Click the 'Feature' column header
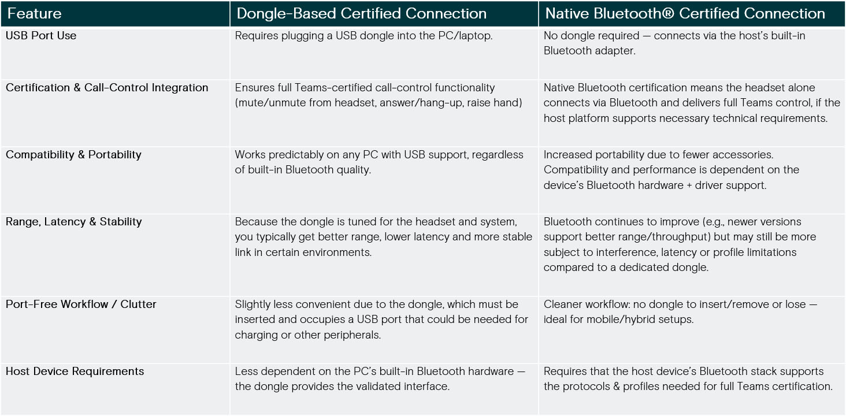pyautogui.click(x=34, y=14)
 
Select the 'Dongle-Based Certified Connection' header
pyautogui.click(x=361, y=14)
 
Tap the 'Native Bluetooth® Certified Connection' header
pyautogui.click(x=685, y=14)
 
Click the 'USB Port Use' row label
pyautogui.click(x=41, y=35)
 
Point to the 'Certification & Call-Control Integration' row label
pyautogui.click(x=107, y=88)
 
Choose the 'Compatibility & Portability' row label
pyautogui.click(x=73, y=155)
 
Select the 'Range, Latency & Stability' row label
pyautogui.click(x=73, y=222)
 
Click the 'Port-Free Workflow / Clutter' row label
pyautogui.click(x=81, y=304)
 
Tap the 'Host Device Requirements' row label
pyautogui.click(x=75, y=371)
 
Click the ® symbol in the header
pyautogui.click(x=668, y=13)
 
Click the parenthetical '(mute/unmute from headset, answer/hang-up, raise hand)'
pyautogui.click(x=379, y=103)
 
